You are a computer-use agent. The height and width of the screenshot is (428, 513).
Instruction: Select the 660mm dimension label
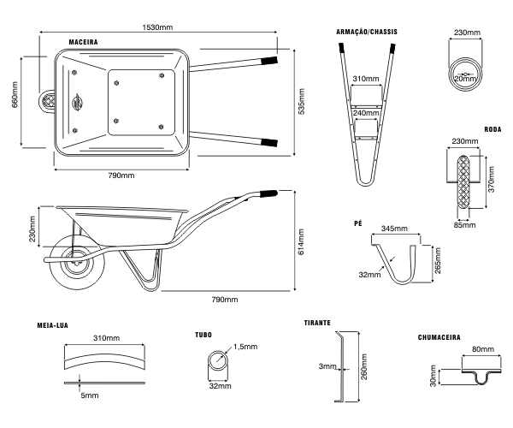click(12, 99)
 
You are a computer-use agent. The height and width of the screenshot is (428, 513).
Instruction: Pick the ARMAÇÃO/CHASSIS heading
click(368, 31)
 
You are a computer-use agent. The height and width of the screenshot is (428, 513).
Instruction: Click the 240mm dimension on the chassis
click(365, 113)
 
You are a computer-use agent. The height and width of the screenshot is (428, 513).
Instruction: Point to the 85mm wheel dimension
click(465, 226)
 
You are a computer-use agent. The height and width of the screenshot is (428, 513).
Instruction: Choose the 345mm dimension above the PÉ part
click(393, 229)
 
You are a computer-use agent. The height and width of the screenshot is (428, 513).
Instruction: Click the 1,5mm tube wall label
click(245, 347)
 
